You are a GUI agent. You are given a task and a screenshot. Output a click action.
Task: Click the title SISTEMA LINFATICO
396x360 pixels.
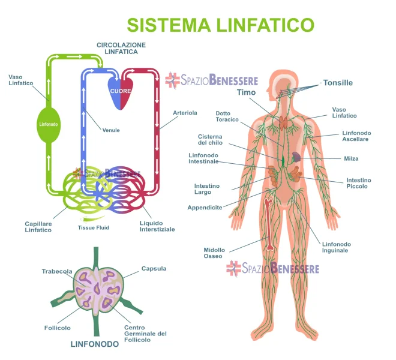pyautogui.click(x=220, y=25)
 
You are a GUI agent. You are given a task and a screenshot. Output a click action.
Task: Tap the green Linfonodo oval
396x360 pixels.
pyautogui.click(x=49, y=125)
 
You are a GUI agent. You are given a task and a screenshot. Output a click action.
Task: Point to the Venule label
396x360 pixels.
pyautogui.click(x=111, y=130)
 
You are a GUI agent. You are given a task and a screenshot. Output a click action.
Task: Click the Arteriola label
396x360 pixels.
pyautogui.click(x=185, y=113)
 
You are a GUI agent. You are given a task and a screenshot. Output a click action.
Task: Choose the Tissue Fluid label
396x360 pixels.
pyautogui.click(x=94, y=227)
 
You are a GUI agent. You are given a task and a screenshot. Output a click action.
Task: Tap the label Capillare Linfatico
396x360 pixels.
pyautogui.click(x=38, y=227)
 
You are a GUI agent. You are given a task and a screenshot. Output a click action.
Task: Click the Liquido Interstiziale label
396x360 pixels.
pyautogui.click(x=157, y=226)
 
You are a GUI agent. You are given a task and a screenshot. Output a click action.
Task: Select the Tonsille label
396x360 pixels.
pyautogui.click(x=338, y=83)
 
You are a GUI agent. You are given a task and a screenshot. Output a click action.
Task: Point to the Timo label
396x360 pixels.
pyautogui.click(x=246, y=92)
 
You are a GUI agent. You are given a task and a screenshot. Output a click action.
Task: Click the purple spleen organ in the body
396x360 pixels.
pyautogui.click(x=296, y=157)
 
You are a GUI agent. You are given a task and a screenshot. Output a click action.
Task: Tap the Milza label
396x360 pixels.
pyautogui.click(x=351, y=158)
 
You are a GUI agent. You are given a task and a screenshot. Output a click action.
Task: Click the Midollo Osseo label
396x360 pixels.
pyautogui.click(x=214, y=253)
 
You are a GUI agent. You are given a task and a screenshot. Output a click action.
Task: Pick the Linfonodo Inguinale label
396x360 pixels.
pyautogui.click(x=337, y=247)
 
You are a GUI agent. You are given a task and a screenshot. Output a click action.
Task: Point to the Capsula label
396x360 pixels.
pyautogui.click(x=154, y=269)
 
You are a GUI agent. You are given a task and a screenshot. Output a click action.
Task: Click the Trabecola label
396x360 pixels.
pyautogui.click(x=57, y=271)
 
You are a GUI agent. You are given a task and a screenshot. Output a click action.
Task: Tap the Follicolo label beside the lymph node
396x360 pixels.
pyautogui.click(x=58, y=328)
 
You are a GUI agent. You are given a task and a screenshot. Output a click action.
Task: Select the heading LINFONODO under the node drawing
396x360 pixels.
pyautogui.click(x=95, y=344)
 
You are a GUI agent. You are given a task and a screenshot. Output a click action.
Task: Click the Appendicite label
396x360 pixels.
pyautogui.click(x=205, y=208)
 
